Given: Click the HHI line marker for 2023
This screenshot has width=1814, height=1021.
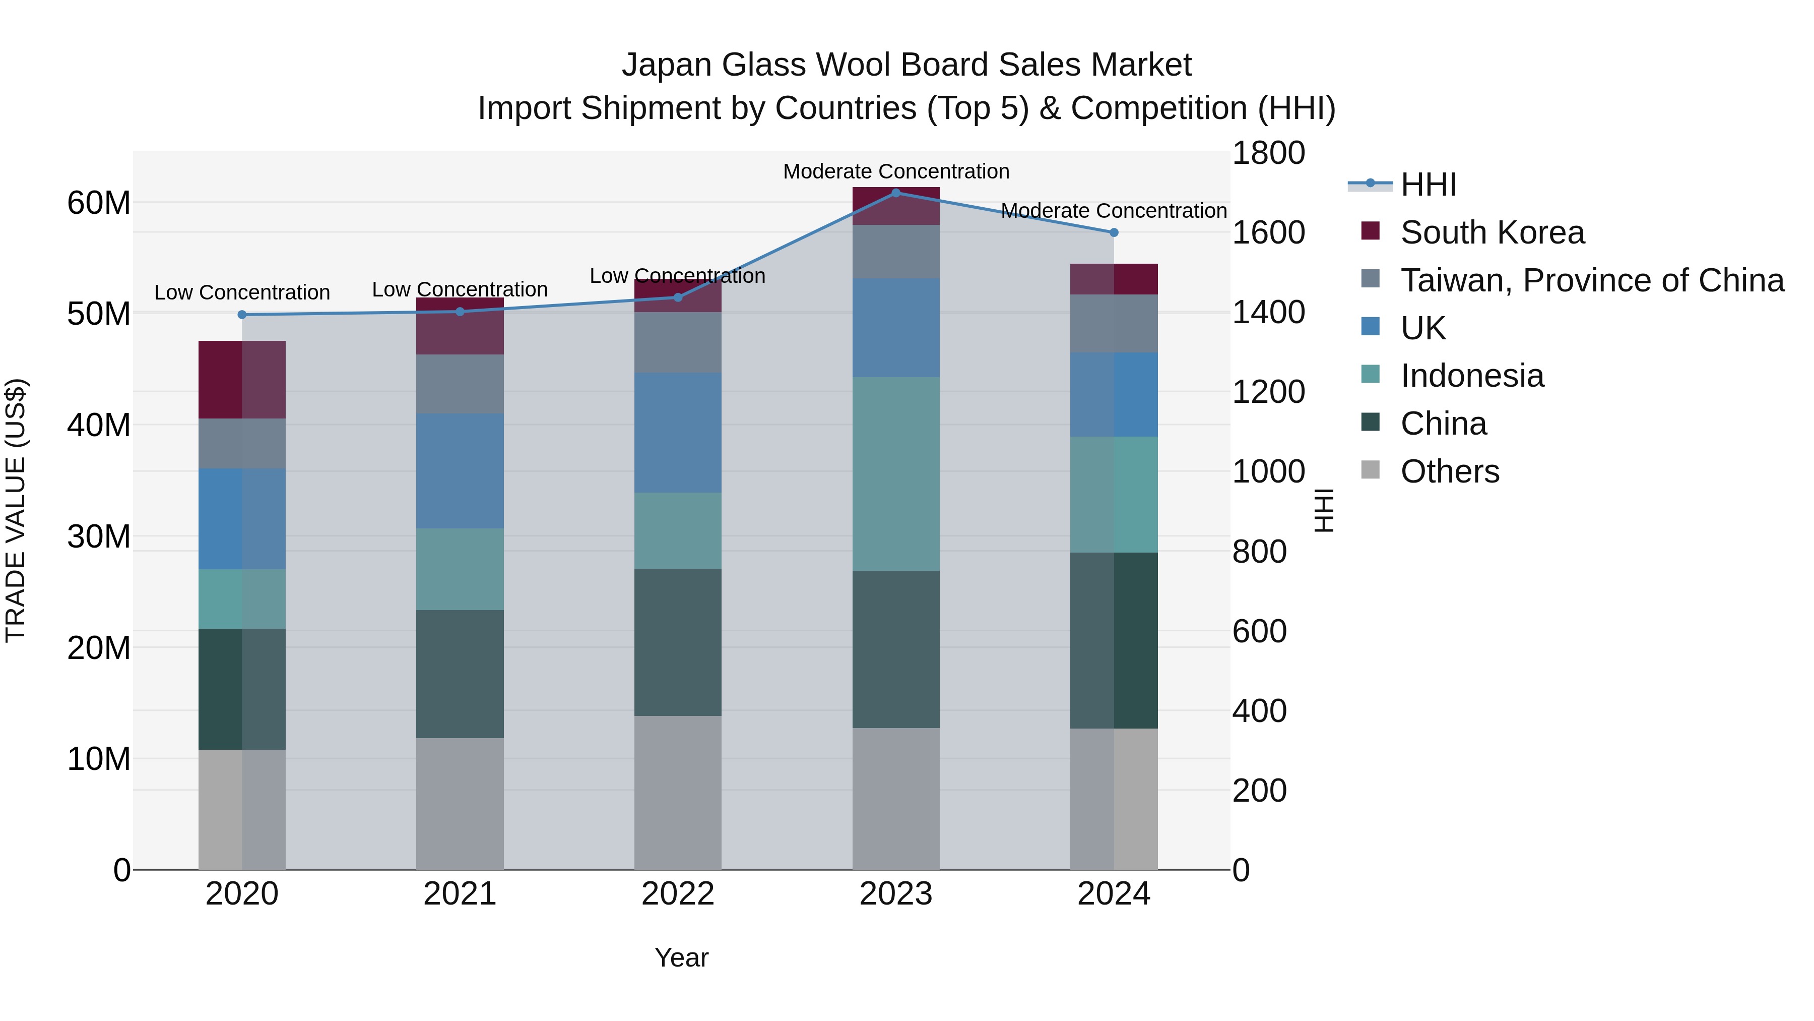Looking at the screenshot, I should point(896,193).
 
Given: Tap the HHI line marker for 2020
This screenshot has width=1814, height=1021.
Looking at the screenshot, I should point(242,314).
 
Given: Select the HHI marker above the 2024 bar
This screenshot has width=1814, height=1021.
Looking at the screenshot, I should point(1113,232).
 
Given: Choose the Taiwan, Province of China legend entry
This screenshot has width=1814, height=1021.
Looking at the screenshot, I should point(1591,280).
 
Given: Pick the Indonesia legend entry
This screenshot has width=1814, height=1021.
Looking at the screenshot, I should point(1472,376).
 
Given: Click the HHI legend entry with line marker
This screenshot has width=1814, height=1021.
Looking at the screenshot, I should point(1428,185).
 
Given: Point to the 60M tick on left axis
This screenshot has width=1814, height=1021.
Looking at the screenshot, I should point(99,203).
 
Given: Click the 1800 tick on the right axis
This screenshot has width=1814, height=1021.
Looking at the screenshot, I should point(1268,153).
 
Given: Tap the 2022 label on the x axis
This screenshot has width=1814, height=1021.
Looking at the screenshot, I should point(677,894).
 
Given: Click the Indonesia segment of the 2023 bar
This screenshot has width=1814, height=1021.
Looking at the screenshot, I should point(896,473).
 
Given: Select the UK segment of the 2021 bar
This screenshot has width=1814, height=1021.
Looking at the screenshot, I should point(460,471).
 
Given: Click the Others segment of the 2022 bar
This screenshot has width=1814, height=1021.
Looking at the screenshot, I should point(677,793).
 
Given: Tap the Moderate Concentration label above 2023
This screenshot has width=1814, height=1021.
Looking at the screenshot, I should point(896,171).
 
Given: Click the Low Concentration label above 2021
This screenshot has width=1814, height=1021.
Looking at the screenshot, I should point(460,289).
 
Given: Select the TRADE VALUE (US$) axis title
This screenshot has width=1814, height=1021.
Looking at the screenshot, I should point(16,510).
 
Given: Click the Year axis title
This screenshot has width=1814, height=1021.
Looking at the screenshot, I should point(681,957).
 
